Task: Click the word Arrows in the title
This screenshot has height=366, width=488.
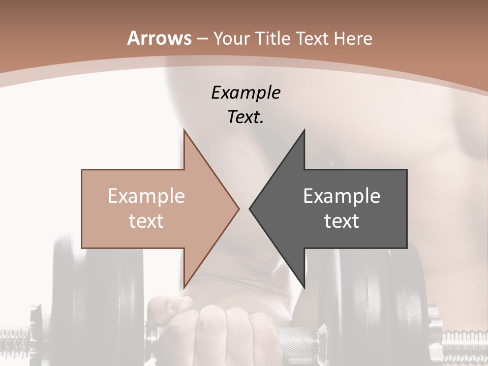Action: pyautogui.click(x=159, y=39)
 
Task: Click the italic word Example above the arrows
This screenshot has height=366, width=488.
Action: pyautogui.click(x=246, y=93)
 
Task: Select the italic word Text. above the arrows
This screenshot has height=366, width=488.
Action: pyautogui.click(x=246, y=117)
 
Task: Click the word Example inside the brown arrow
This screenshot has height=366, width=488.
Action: pyautogui.click(x=146, y=196)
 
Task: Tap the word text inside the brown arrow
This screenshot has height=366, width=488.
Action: pyautogui.click(x=146, y=221)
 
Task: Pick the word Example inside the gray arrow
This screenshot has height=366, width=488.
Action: pyautogui.click(x=342, y=196)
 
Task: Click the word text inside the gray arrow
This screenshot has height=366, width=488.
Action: pyautogui.click(x=342, y=221)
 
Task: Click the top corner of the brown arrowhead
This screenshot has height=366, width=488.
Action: pyautogui.click(x=184, y=130)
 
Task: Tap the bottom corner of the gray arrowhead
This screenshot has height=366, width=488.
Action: pyautogui.click(x=304, y=287)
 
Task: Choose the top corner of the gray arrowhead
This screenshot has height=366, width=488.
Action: pyautogui.click(x=304, y=130)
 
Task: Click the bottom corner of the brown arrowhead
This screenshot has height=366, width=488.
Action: pyautogui.click(x=184, y=287)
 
